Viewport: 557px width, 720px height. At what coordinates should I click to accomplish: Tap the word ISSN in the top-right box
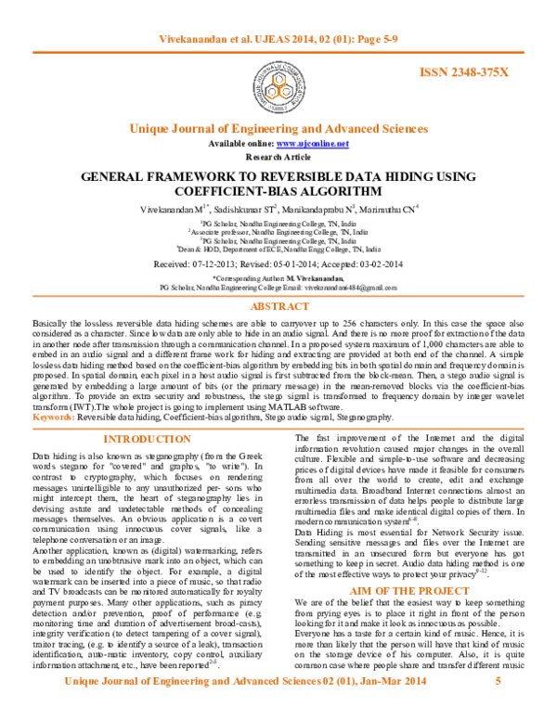coord(434,71)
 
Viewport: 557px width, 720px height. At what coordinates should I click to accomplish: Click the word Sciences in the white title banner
coord(406,129)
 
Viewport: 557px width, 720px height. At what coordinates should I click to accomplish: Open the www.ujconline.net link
coord(312,144)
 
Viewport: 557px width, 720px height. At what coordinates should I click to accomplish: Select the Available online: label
coord(241,144)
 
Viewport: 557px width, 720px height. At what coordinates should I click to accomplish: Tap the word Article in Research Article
coord(297,157)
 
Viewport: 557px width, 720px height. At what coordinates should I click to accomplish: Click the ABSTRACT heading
coord(278,306)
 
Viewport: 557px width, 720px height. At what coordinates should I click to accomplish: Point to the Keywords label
coord(54,418)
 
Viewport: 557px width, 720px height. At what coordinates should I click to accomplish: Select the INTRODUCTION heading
coord(147,440)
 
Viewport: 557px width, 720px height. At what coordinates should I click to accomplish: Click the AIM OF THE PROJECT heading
coord(409,590)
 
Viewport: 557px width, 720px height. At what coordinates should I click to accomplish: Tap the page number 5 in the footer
coord(499,680)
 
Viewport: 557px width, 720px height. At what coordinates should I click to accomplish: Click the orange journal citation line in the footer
coord(245,680)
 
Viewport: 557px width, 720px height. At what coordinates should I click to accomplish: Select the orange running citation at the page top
coord(278,39)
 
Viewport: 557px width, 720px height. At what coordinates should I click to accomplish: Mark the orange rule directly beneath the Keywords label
coord(278,429)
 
